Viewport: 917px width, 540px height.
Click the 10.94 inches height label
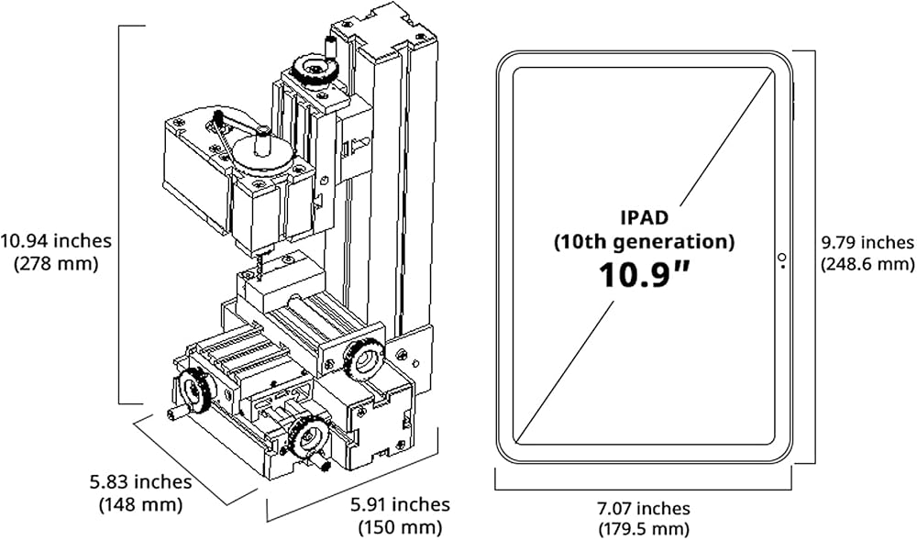click(56, 240)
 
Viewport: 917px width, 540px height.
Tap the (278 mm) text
click(56, 263)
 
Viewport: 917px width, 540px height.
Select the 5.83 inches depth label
click(140, 481)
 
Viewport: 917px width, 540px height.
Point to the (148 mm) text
click(141, 503)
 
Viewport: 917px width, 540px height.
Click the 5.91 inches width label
click(400, 503)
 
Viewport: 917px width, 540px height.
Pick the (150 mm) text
click(400, 526)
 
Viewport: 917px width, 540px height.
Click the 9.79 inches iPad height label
click(867, 242)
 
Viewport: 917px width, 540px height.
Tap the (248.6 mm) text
click(867, 264)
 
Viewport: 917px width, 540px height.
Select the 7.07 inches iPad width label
click(644, 509)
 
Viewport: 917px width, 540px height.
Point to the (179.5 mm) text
click(644, 530)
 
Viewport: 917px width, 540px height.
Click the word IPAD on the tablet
click(644, 217)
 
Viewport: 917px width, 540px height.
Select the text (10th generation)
click(644, 241)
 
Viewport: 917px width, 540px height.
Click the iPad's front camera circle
click(782, 257)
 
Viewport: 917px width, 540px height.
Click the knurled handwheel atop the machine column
click(315, 70)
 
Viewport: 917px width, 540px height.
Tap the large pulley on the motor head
click(261, 156)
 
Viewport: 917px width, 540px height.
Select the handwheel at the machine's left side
click(193, 391)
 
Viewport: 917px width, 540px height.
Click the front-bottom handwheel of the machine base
click(309, 438)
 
